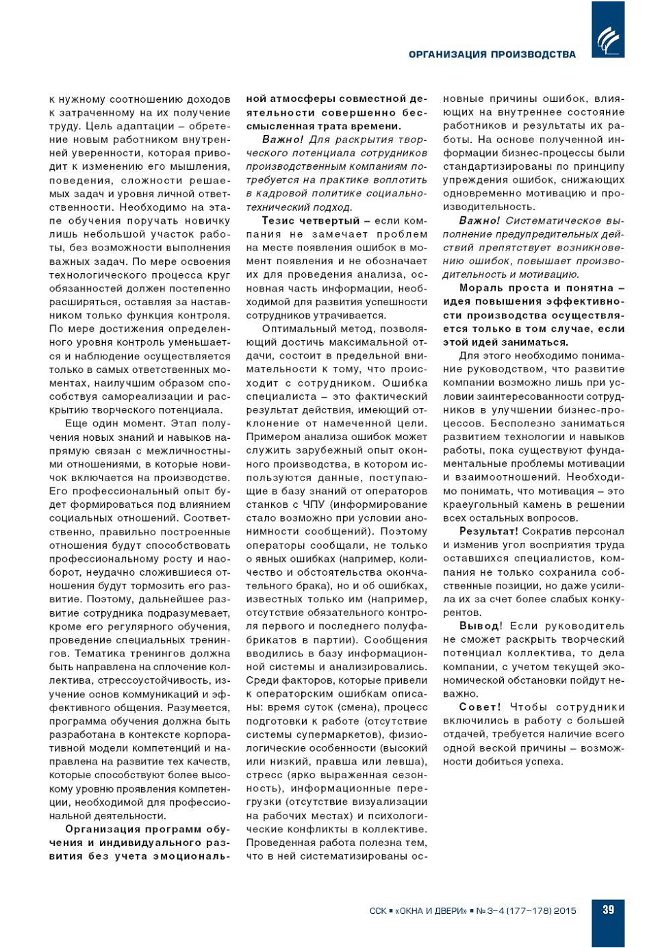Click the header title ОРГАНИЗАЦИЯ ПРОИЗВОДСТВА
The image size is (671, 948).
coord(492,55)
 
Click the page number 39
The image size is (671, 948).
coord(608,910)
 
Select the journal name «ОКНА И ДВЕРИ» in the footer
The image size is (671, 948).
coord(433,911)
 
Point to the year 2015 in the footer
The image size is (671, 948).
coord(565,911)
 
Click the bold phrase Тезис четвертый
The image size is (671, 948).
coord(310,220)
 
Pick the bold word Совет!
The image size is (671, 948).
coord(480,707)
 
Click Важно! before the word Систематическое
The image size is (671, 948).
coord(479,220)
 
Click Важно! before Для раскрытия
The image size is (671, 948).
coord(283,140)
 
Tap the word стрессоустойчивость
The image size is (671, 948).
coord(154,680)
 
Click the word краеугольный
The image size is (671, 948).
coord(480,504)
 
